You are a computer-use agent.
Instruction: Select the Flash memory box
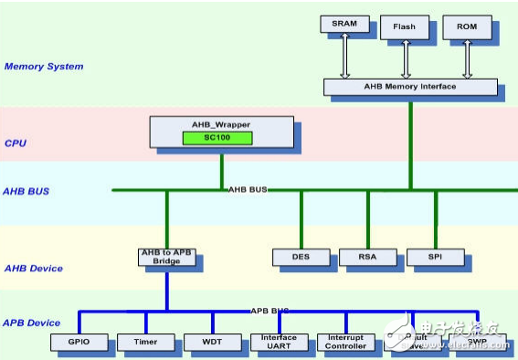pyautogui.click(x=404, y=26)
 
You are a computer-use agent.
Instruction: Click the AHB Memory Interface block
pyautogui.click(x=410, y=88)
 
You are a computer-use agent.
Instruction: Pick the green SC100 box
pyautogui.click(x=220, y=138)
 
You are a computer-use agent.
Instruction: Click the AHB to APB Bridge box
pyautogui.click(x=166, y=257)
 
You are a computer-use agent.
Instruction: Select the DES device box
pyautogui.click(x=301, y=258)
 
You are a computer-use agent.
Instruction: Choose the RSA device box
pyautogui.click(x=367, y=258)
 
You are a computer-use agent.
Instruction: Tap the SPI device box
pyautogui.click(x=435, y=258)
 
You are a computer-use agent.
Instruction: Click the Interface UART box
pyautogui.click(x=280, y=343)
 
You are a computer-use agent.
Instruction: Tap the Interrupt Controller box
pyautogui.click(x=346, y=343)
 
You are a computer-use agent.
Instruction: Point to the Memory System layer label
pyautogui.click(x=44, y=67)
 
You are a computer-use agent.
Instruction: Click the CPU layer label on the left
pyautogui.click(x=15, y=143)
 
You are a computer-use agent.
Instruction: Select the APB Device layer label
pyautogui.click(x=33, y=323)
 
